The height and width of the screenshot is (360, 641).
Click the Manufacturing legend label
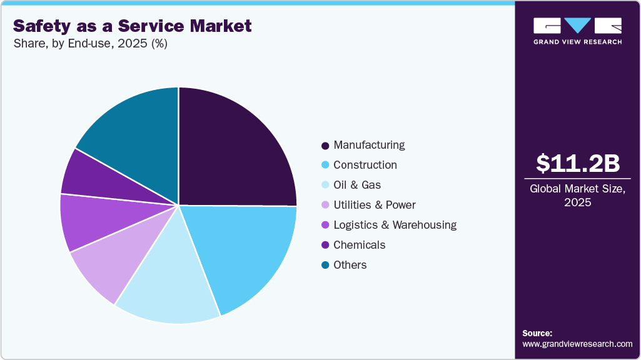(x=369, y=145)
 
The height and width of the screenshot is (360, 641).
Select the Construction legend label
(x=365, y=165)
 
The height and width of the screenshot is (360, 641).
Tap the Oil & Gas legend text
(x=357, y=185)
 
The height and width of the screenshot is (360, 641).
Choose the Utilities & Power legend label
(x=375, y=205)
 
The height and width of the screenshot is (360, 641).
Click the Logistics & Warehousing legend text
(x=395, y=225)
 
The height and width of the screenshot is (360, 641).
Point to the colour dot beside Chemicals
(x=325, y=246)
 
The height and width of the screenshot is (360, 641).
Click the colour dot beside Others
(x=325, y=266)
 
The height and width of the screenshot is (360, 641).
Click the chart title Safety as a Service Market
(x=132, y=26)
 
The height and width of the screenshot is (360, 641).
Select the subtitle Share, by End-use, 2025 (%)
(x=90, y=44)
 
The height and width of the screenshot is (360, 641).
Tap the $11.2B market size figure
(x=578, y=163)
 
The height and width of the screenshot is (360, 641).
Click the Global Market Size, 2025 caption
(x=578, y=196)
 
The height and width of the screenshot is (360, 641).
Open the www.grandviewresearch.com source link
(x=577, y=344)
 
